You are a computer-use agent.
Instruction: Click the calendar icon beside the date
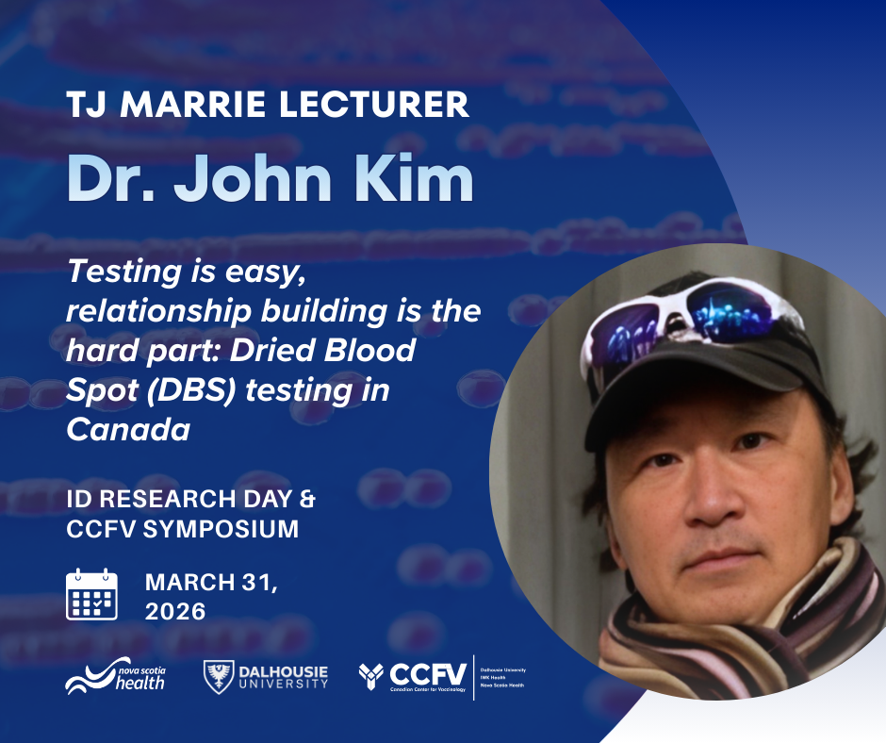[91, 594]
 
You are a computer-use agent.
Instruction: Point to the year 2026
[175, 611]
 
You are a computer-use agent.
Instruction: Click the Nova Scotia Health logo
[115, 675]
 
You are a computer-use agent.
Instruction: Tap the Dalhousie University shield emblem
[216, 675]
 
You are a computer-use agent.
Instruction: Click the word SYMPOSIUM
[221, 529]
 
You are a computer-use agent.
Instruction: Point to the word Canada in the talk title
[128, 429]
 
